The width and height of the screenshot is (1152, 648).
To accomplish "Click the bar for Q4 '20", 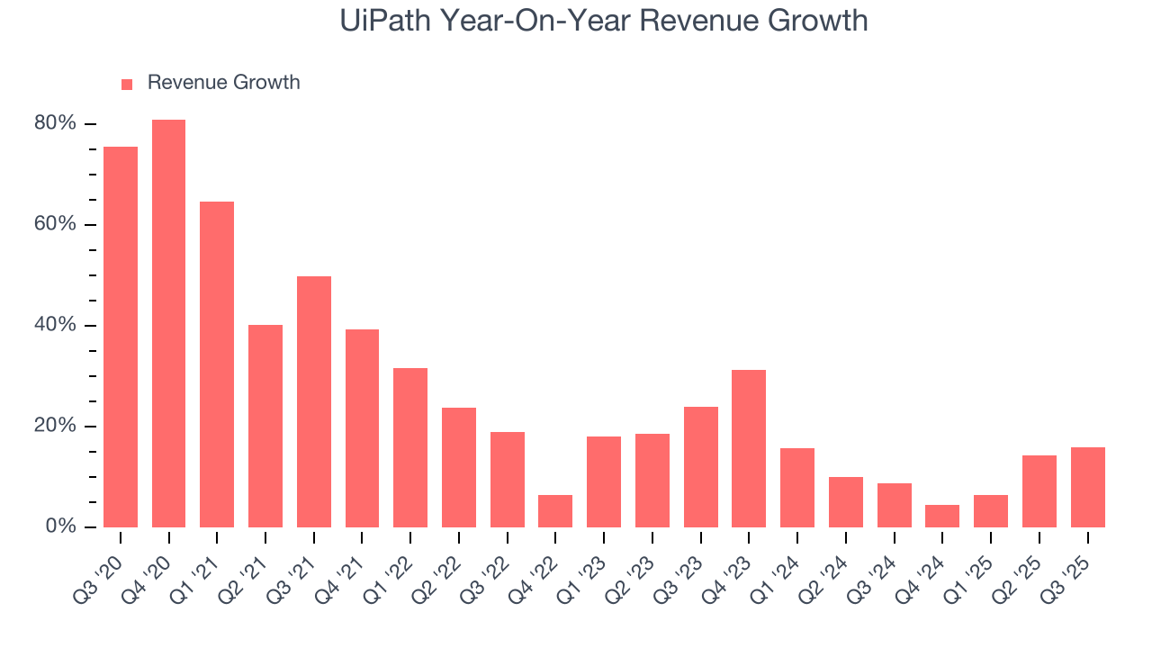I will [168, 323].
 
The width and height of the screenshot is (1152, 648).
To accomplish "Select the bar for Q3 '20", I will [121, 337].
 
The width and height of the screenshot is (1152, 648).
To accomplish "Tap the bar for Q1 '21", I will [217, 364].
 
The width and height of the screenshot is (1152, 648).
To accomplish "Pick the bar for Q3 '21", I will [314, 401].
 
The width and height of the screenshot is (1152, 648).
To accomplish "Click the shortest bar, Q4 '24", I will [942, 516].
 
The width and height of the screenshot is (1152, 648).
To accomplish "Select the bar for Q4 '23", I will [749, 448].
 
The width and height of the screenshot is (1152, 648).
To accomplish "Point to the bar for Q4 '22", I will [555, 511].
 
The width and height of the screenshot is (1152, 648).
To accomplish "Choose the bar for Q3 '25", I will [1087, 487].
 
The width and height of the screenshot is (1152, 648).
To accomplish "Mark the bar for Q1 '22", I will [410, 447].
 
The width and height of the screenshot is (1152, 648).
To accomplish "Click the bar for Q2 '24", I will [846, 501].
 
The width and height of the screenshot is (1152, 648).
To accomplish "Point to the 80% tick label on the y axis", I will [55, 123].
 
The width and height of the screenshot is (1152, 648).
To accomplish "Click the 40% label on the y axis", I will [55, 325].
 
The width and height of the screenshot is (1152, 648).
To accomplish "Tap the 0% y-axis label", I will [60, 526].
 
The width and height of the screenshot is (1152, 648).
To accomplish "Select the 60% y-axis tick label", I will [55, 224].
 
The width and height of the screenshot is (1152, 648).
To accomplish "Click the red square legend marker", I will [127, 84].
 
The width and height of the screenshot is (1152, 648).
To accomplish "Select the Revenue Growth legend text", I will [223, 83].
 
